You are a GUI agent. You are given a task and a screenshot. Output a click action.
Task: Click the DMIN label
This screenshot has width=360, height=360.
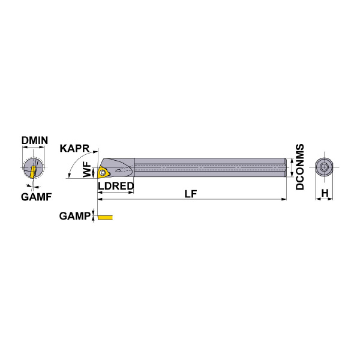pos(35,140)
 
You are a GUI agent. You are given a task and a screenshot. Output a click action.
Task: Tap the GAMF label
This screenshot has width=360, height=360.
pos(36,197)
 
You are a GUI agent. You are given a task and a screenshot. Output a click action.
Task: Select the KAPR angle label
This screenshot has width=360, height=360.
pos(74,148)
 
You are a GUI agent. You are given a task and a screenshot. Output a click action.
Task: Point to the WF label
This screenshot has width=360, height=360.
pos(87,169)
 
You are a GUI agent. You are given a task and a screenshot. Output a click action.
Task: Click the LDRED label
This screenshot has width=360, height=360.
pos(116,186)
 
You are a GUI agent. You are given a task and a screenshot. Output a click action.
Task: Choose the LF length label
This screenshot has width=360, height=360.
pos(191,194)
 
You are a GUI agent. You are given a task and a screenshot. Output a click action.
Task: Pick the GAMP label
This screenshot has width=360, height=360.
pos(75,216)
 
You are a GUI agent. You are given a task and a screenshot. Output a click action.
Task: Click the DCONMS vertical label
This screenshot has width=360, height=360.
pos(299,167)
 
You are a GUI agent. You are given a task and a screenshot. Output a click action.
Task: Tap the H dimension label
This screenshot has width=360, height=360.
pos(325,193)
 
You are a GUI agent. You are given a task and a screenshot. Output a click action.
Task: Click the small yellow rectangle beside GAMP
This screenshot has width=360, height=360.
pos(105,217)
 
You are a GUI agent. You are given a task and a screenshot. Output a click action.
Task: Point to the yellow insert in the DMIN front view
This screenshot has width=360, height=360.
pos(32,172)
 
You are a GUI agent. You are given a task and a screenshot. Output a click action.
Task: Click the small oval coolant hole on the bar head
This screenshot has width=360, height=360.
pos(118,170)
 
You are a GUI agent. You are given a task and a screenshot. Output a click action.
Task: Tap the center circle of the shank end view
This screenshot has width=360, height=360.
pos(324,167)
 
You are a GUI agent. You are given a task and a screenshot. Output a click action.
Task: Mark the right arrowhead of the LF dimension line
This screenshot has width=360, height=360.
pos(284,199)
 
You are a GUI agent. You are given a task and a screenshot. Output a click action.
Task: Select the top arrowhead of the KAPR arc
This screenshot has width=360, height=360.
pos(95,152)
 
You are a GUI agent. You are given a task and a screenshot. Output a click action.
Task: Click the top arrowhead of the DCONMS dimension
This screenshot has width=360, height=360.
pos(292,160)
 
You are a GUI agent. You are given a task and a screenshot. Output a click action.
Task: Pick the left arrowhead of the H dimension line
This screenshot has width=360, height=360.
pos(318,199)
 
